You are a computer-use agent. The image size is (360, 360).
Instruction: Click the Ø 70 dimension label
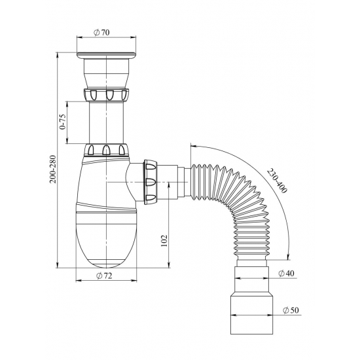pos(101,33)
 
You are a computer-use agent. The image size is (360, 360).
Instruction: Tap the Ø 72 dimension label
pos(104,276)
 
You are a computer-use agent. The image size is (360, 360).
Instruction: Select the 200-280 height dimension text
pos(53,170)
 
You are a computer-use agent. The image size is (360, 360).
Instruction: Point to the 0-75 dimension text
pos(63,122)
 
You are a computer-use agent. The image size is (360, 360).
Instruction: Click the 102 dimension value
pos(164,241)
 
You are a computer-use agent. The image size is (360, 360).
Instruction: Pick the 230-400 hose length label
pos(277,181)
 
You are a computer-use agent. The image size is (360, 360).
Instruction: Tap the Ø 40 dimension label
pos(286,273)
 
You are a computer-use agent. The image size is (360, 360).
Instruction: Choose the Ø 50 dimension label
pos(291,310)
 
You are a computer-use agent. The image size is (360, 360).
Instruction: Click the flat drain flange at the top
pos(106,55)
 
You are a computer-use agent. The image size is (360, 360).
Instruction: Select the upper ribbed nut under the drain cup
pos(106,94)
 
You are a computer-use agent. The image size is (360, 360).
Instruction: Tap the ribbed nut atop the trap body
pos(106,150)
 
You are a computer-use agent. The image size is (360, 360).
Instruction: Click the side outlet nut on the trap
pos(151,183)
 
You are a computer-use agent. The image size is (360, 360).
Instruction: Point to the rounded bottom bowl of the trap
pos(106,240)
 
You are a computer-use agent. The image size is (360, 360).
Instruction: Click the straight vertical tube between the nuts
pos(106,122)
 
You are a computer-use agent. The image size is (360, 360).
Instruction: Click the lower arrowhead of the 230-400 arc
pos(289,257)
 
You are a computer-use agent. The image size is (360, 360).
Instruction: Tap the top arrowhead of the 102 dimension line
pos(169,185)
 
